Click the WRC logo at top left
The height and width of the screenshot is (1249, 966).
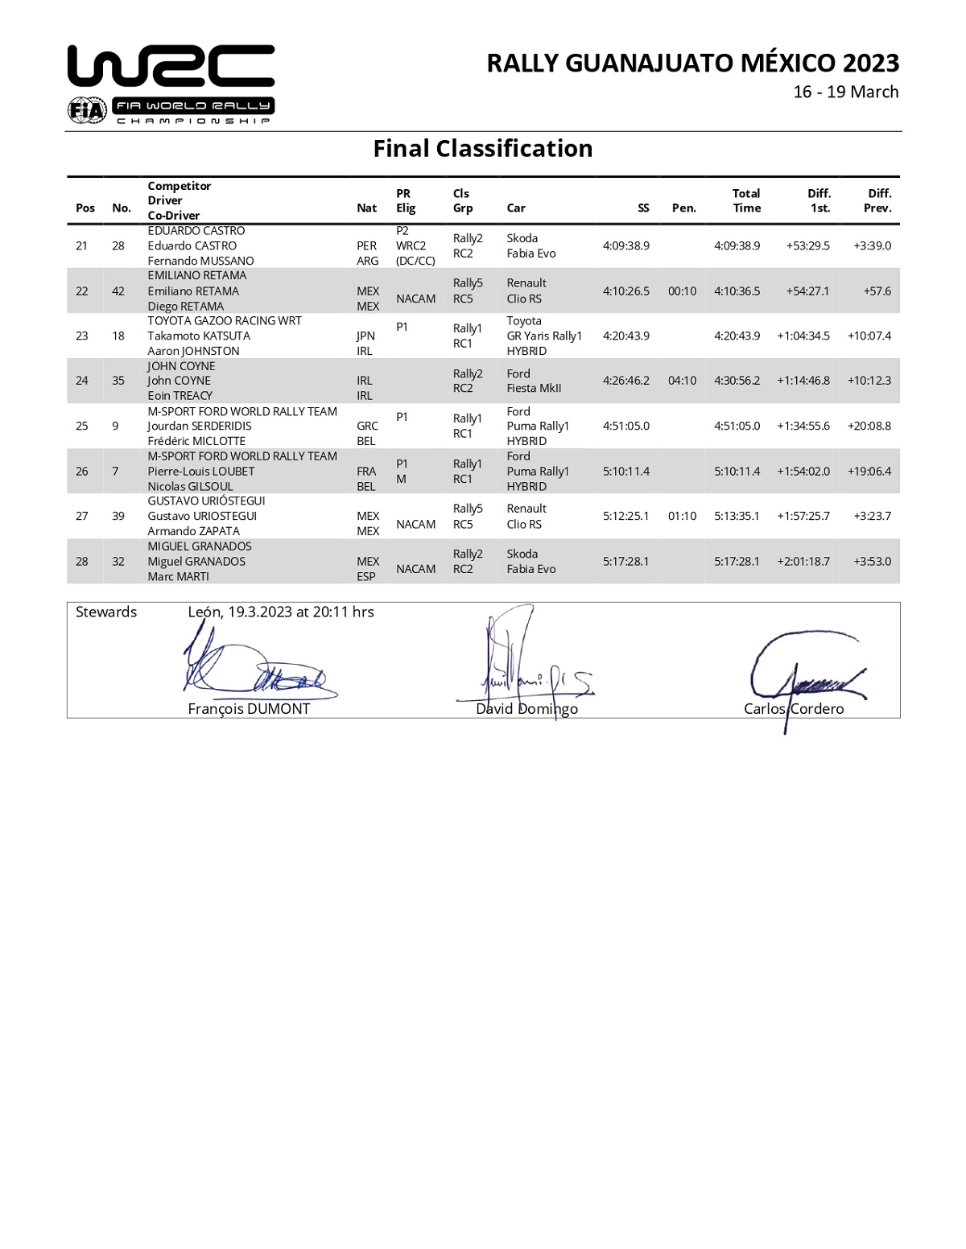point(171,85)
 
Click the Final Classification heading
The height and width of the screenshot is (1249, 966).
point(483,148)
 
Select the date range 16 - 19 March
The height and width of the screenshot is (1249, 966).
point(845,92)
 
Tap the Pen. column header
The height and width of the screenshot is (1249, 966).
point(683,208)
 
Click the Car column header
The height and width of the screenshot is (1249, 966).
point(516,208)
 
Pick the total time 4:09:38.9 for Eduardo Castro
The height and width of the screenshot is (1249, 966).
point(737,245)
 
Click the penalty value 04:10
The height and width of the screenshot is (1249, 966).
point(682,381)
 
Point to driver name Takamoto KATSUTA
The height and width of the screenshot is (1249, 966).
point(199,336)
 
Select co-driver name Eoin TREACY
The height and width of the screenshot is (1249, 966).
point(180,395)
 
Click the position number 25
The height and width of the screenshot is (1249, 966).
point(81,426)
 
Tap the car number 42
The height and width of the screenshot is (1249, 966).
point(118,291)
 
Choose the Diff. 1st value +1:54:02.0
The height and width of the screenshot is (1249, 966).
point(803,471)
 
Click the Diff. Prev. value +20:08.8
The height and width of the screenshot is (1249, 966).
point(869,426)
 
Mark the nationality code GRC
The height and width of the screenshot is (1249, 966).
point(367,426)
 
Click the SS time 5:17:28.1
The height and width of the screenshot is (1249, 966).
point(625,561)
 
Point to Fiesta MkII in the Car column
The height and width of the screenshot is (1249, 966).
point(534,388)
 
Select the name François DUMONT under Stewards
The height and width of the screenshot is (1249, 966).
point(249,708)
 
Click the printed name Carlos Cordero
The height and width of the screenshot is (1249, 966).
point(794,708)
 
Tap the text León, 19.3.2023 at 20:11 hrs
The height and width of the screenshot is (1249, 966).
point(280,612)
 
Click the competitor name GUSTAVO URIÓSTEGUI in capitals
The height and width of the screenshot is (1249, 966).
point(206,501)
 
